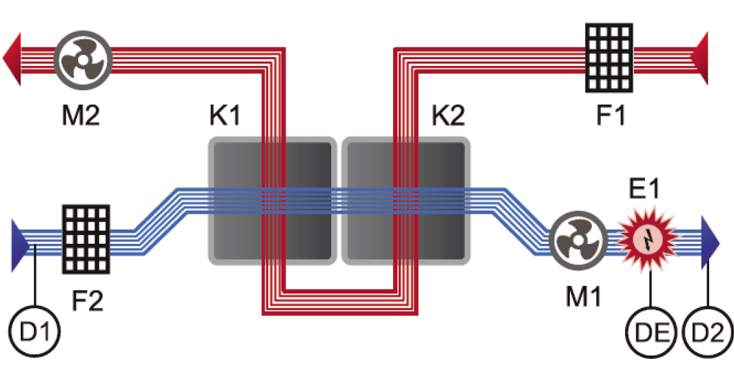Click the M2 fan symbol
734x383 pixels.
[x=82, y=60]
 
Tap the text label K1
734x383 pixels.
[x=226, y=116]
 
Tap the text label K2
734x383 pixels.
[x=449, y=116]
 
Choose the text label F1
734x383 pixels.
[x=611, y=115]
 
